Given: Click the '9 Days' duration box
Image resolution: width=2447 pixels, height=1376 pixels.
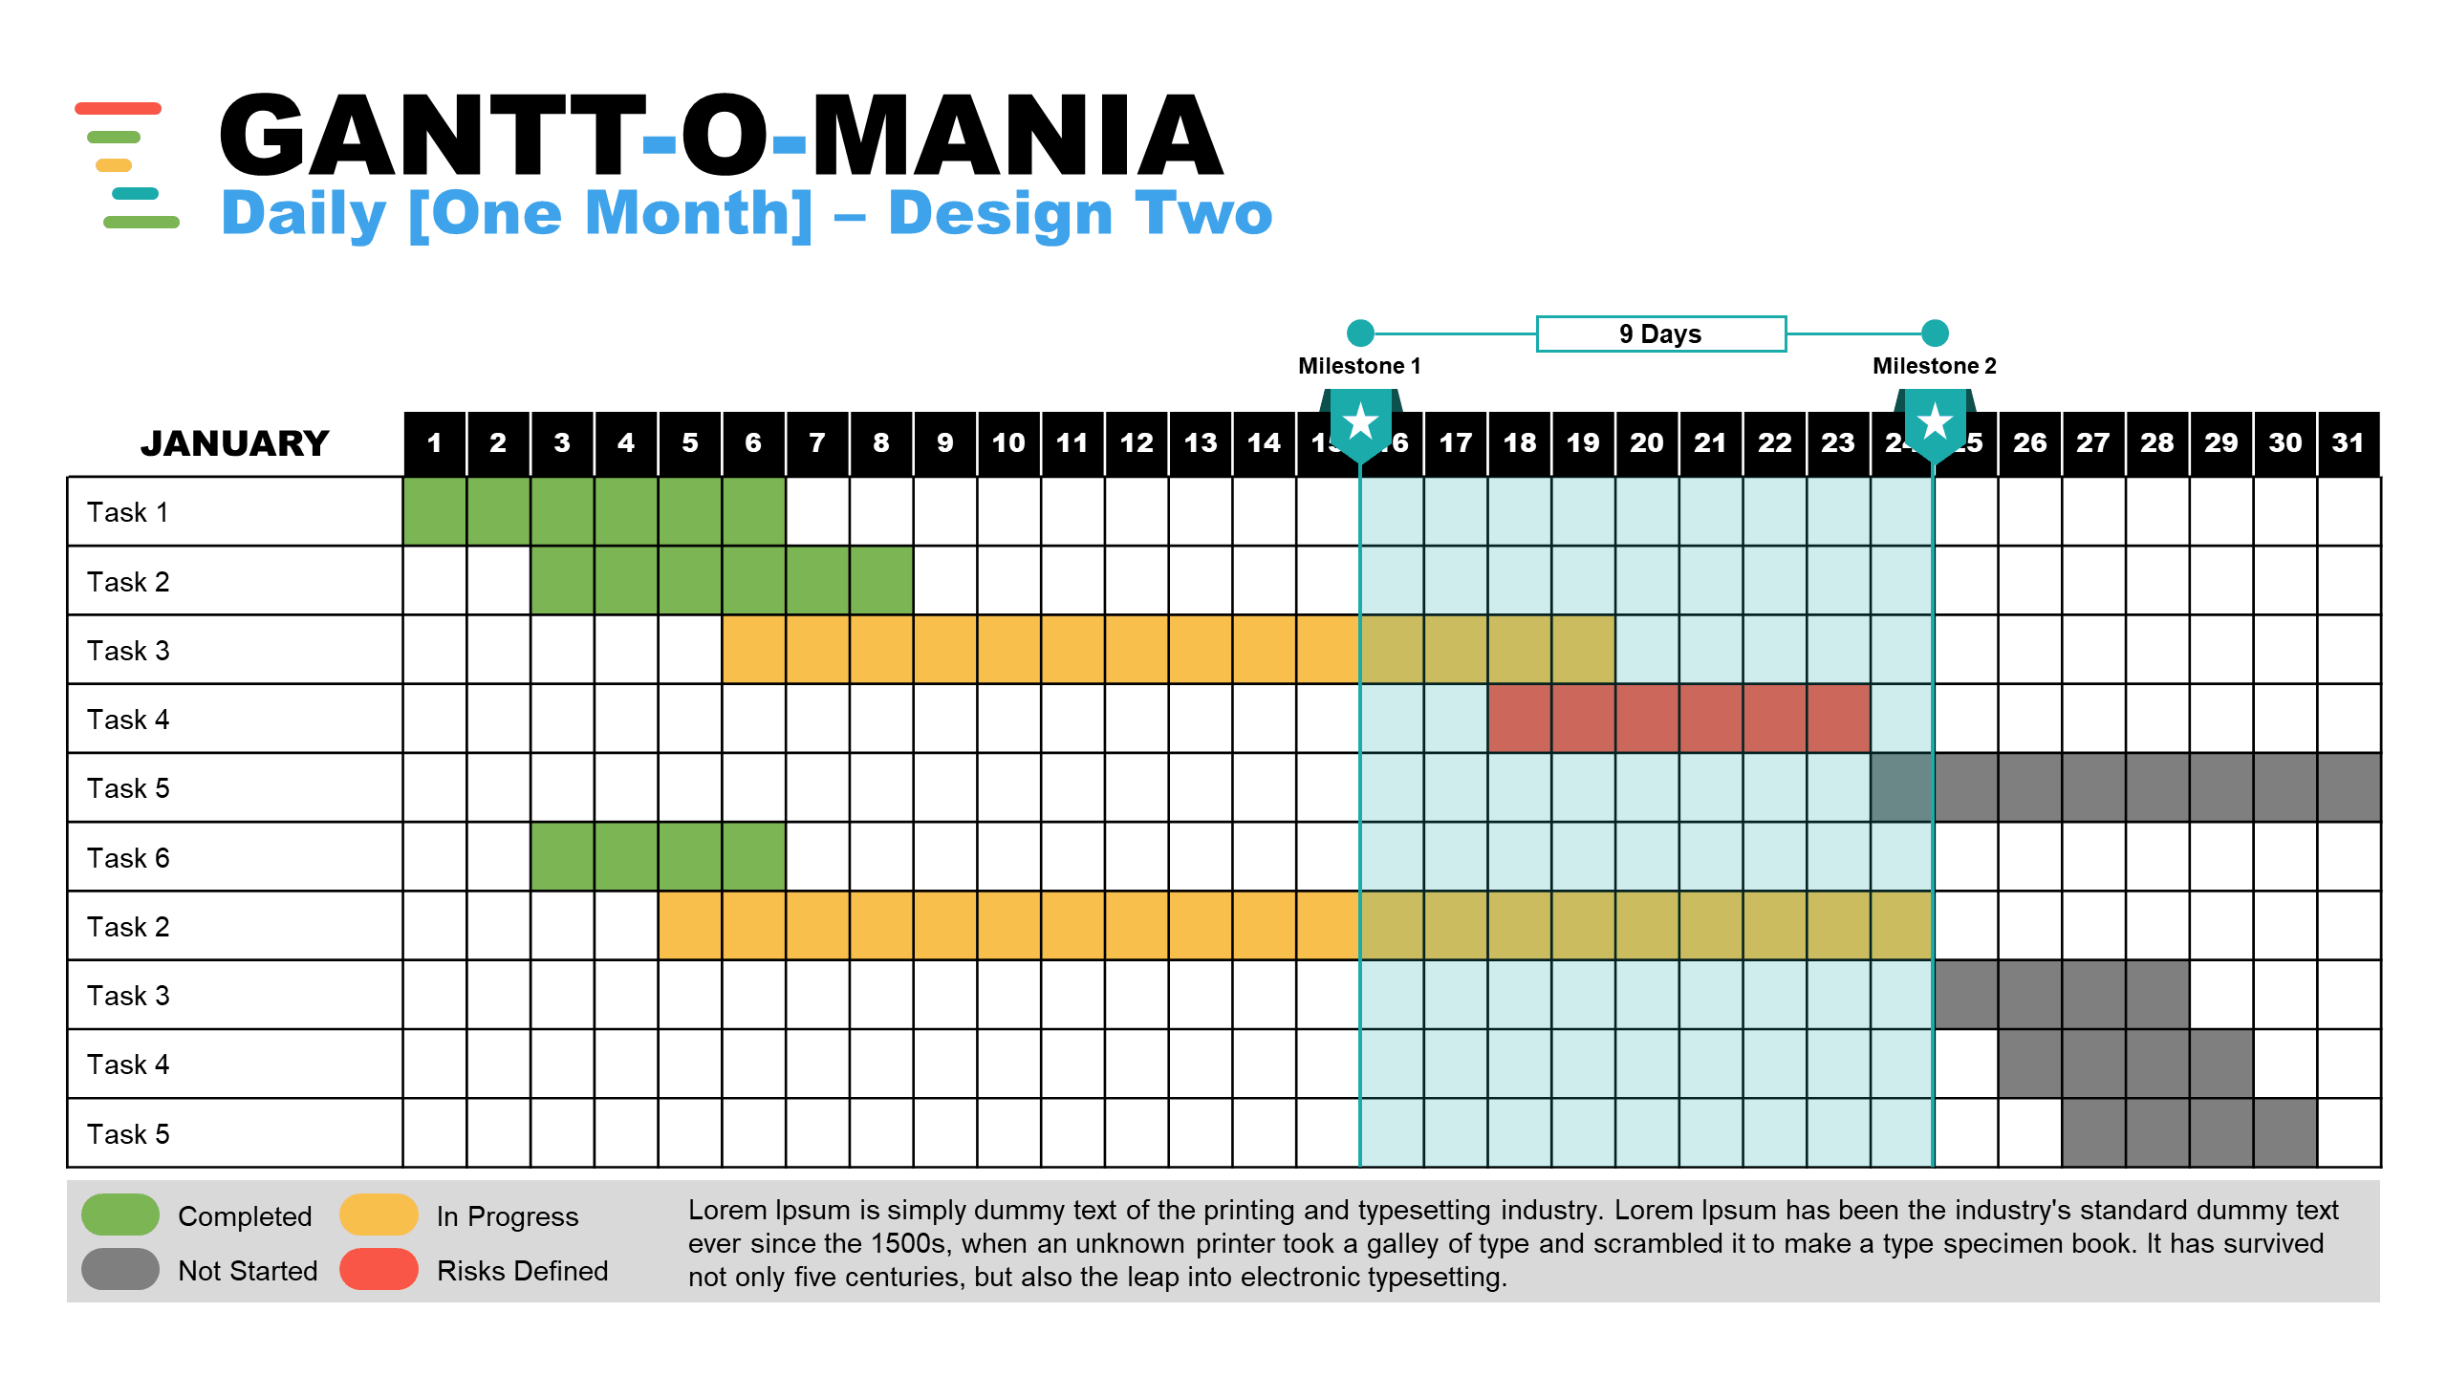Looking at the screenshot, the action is coord(1660,333).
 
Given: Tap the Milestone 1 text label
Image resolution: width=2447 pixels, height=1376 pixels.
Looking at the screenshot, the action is coord(1359,366).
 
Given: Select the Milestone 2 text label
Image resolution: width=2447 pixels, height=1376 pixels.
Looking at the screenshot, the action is coord(1934,366).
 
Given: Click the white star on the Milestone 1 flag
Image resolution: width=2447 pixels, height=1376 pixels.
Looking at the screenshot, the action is coord(1360,421).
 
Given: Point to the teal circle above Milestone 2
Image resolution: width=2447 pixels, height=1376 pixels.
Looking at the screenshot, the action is coord(1935,333).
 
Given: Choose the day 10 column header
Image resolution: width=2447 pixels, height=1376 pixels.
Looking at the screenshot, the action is coord(1008,443).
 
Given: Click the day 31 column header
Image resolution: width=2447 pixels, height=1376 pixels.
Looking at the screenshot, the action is coord(2348,443).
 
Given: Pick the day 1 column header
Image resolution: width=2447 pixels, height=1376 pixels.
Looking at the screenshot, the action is coord(435,443).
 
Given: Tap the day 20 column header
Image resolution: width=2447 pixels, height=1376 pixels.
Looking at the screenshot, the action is coord(1647,443).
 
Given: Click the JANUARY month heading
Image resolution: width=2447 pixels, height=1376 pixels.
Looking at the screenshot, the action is coord(235,443).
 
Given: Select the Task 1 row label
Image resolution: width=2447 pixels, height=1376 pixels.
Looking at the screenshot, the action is coord(128,512).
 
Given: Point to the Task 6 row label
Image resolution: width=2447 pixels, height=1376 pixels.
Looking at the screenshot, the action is coord(128,858).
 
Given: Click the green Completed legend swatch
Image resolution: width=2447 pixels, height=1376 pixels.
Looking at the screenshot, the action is coord(120,1215).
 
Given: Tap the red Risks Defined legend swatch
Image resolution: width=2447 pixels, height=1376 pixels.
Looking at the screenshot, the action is coord(379,1269).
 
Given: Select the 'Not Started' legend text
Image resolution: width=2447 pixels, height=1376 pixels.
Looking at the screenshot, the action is coord(248,1271).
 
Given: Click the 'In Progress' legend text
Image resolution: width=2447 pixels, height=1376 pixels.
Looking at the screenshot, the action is coord(508,1216).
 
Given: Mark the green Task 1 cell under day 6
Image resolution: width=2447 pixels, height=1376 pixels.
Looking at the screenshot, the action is coord(754,511).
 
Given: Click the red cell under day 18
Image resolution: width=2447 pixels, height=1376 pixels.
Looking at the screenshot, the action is coord(1520,719).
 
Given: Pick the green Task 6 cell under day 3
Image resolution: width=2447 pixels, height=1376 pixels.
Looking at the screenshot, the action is coord(562,857).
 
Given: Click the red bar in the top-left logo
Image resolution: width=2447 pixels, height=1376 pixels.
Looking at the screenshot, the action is coord(118,108).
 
